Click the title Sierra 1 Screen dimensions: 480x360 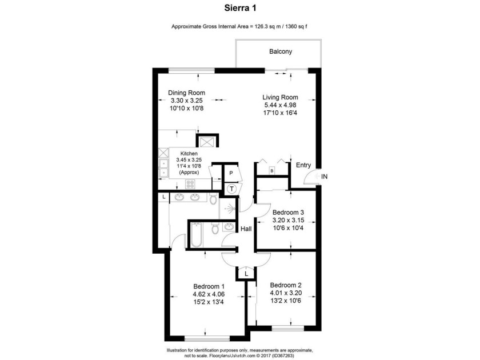(x=241, y=8)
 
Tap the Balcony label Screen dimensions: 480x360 (x=281, y=51)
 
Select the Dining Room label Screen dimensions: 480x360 (x=186, y=93)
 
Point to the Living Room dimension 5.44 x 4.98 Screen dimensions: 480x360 (x=280, y=105)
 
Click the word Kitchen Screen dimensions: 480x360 (x=189, y=153)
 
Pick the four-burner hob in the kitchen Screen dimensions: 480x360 (x=190, y=184)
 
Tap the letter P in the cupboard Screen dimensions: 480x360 (x=231, y=173)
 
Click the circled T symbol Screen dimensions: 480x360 (x=232, y=189)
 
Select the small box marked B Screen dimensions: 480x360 (x=271, y=171)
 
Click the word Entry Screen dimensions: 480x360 (x=303, y=165)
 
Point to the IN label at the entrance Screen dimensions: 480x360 (x=324, y=177)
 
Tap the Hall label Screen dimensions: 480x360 (x=246, y=229)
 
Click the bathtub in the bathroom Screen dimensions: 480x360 (x=196, y=235)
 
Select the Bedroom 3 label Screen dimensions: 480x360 (x=288, y=212)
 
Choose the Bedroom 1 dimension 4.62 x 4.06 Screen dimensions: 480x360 (x=209, y=294)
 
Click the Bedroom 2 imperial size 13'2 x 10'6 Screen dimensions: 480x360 (x=286, y=301)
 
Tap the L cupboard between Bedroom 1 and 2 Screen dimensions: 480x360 (x=246, y=273)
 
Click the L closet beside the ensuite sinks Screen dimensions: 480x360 (x=164, y=197)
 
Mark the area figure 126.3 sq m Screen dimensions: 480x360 (x=266, y=26)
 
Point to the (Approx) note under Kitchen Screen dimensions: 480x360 (x=189, y=173)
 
